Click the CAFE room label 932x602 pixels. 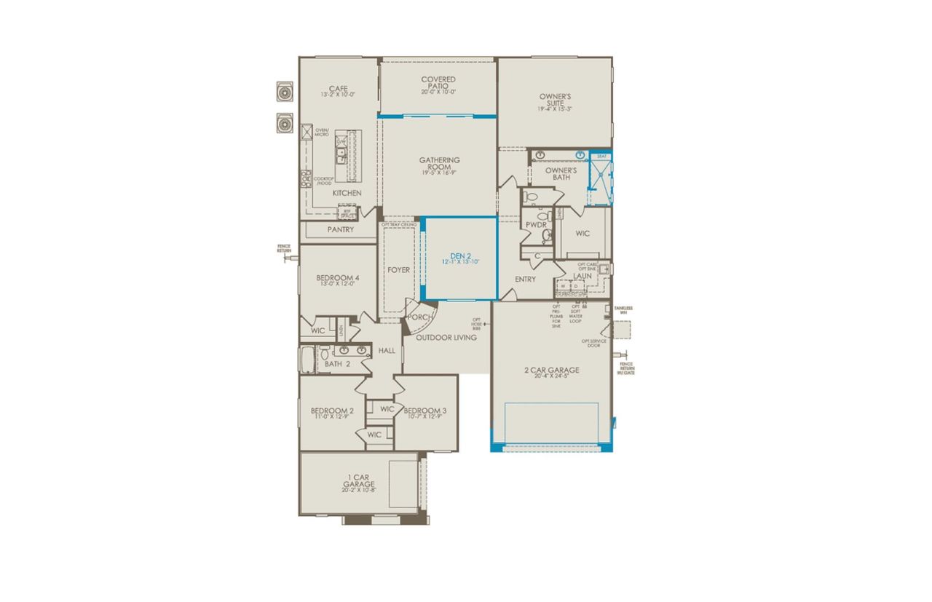point(338,89)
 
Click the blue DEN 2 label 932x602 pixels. point(460,256)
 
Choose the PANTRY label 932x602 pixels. point(340,230)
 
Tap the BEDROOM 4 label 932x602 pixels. point(337,278)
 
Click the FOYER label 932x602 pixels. point(398,270)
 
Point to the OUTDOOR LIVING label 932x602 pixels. point(446,338)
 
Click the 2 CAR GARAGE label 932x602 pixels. point(551,371)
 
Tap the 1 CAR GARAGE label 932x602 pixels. point(360,480)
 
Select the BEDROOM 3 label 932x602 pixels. point(425,411)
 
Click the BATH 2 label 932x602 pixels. point(338,364)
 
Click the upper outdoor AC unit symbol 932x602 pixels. point(284,92)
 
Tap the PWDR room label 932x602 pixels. point(537,226)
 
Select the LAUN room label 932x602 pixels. point(582,277)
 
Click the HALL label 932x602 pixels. point(387,351)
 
